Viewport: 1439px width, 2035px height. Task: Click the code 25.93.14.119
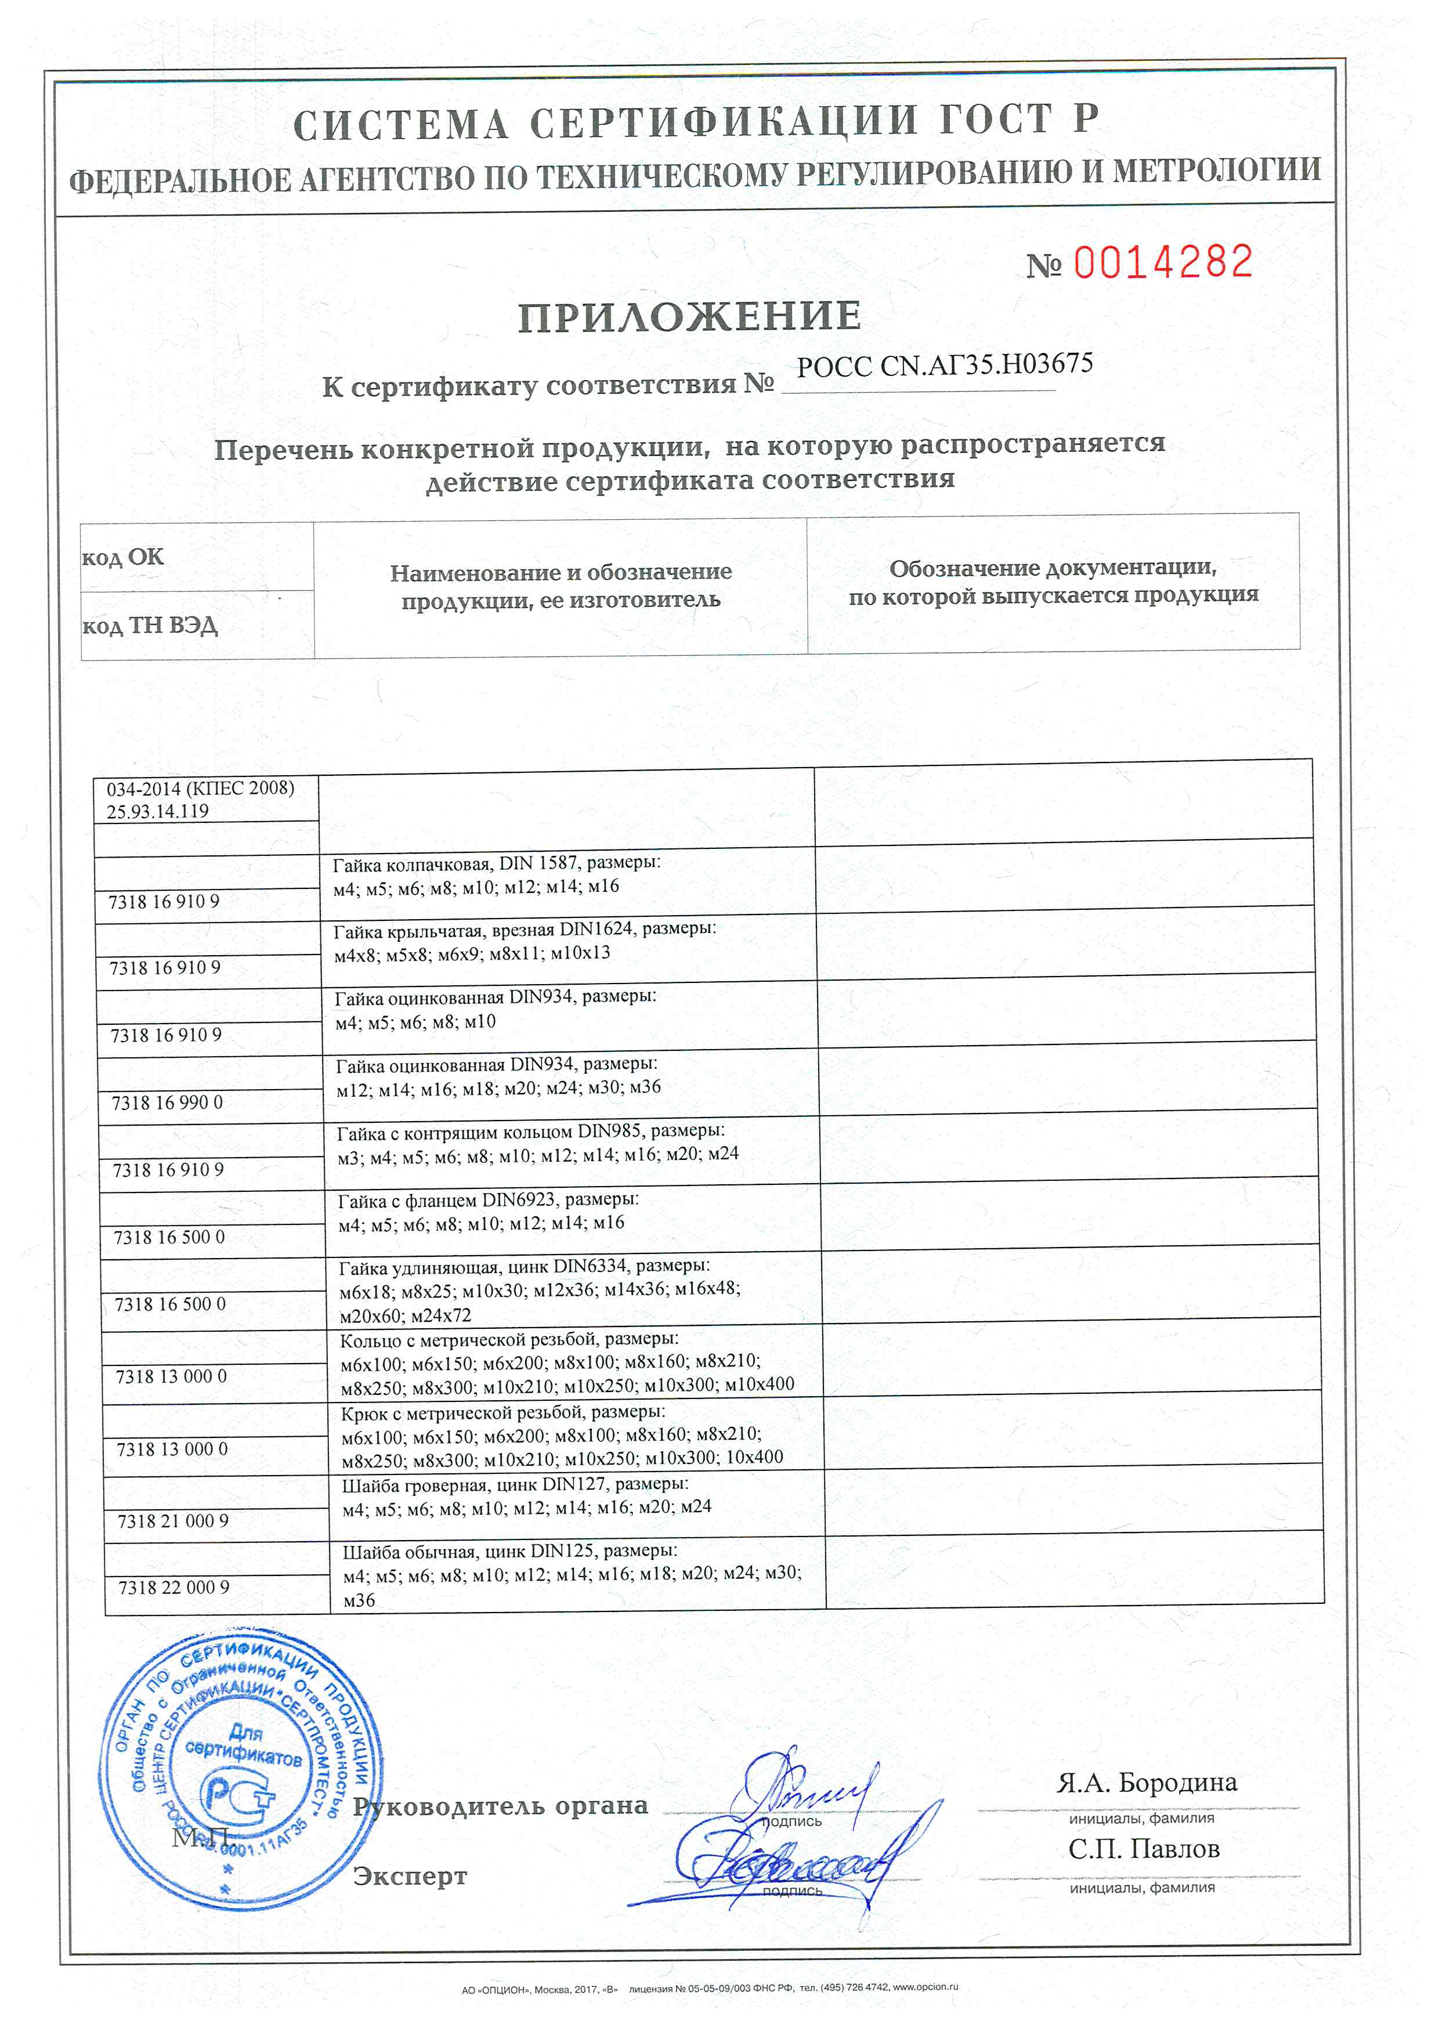pos(158,811)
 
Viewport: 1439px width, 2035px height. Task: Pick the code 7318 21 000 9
pos(173,1521)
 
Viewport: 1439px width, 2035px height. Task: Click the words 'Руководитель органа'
pos(501,1806)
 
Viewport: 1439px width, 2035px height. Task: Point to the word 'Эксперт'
pos(410,1877)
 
